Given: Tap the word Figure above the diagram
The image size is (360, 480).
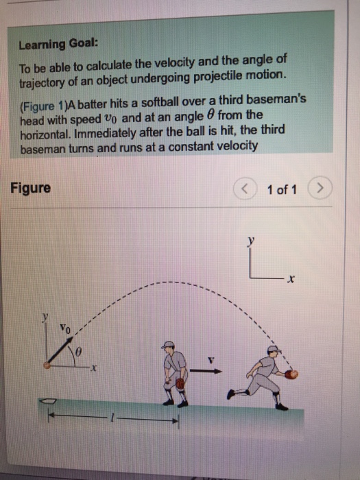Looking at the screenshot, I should (30, 188).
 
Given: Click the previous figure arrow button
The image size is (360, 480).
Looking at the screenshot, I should (245, 189).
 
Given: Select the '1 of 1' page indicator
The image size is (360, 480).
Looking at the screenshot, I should (283, 189).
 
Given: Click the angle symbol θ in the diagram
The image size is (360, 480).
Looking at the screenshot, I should (79, 352).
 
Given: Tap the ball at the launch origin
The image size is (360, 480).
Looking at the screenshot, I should (46, 366).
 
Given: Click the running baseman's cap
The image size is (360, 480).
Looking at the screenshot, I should (272, 349).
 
